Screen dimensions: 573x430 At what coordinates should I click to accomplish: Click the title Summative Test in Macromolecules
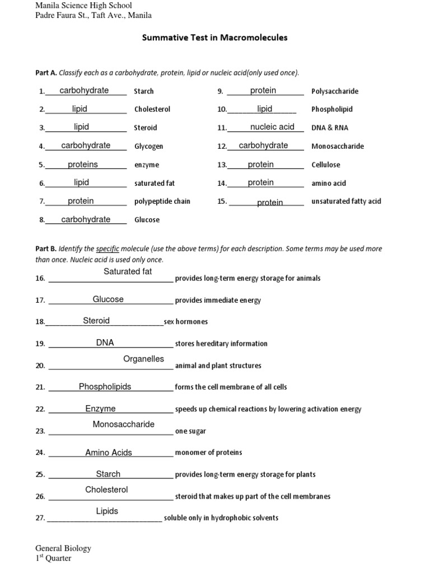[x=215, y=38]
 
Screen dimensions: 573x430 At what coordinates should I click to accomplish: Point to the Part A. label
[x=46, y=73]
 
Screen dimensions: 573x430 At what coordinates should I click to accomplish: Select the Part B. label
[x=46, y=248]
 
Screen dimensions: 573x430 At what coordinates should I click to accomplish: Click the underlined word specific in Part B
[x=107, y=248]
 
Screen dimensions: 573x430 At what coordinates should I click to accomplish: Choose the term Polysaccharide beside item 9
[x=335, y=91]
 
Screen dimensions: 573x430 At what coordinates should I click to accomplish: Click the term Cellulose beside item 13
[x=326, y=165]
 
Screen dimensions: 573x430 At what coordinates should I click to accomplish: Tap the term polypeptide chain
[x=162, y=201]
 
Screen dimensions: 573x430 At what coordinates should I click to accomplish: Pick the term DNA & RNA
[x=330, y=128]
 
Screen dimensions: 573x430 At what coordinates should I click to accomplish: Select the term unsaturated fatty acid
[x=346, y=201]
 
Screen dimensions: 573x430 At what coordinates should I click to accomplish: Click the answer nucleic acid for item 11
[x=272, y=127]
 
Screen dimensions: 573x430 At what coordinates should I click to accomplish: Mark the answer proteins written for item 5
[x=83, y=164]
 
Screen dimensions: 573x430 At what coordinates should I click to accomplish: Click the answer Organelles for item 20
[x=143, y=359]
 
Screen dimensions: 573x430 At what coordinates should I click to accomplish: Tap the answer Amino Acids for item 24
[x=109, y=453]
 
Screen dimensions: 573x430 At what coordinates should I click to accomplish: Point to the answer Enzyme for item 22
[x=100, y=408]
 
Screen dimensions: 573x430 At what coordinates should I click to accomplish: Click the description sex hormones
[x=185, y=322]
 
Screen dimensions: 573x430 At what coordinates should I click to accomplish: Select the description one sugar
[x=190, y=431]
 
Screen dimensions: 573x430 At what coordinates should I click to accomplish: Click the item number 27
[x=40, y=518]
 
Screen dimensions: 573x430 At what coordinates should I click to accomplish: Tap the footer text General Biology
[x=63, y=548]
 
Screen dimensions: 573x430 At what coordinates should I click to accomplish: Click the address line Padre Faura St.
[x=93, y=16]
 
